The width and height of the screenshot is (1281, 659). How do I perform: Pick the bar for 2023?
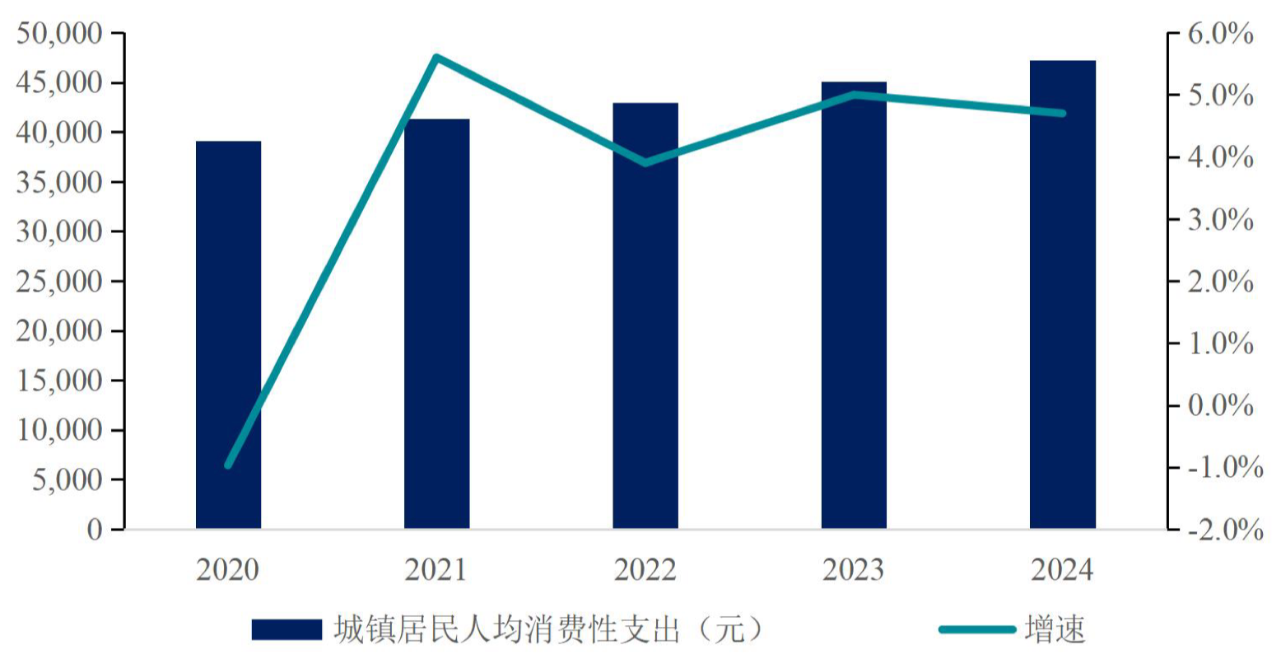point(854,305)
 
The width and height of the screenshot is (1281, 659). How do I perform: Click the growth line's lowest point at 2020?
point(228,465)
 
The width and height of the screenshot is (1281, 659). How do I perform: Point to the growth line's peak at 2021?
point(436,58)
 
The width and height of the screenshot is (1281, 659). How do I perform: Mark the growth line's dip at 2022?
point(645,162)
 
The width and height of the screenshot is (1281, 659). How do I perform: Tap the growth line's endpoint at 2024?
point(1062,113)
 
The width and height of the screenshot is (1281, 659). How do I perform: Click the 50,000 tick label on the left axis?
point(58,34)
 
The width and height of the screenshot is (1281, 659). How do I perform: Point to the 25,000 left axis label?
point(58,282)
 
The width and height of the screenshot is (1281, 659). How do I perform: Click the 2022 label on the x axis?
point(645,570)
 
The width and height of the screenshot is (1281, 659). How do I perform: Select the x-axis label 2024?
point(1062,570)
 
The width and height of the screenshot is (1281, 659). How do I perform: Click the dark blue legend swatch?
point(286,630)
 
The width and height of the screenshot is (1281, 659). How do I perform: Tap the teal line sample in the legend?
point(977,630)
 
